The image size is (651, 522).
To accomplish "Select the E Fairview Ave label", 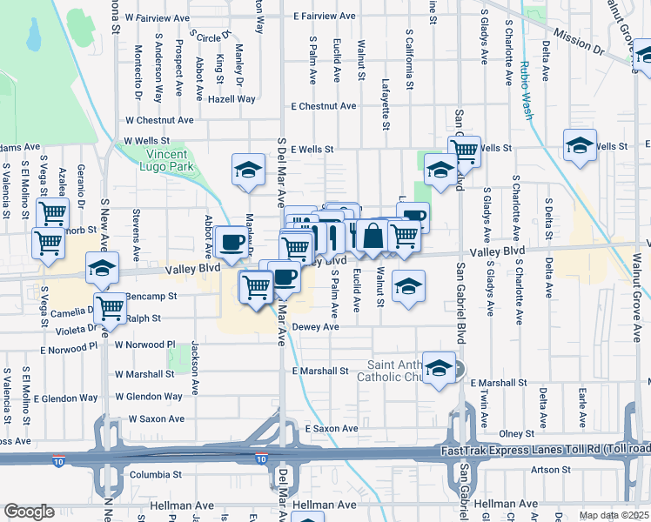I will pyautogui.click(x=324, y=17).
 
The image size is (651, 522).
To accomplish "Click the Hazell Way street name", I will pyautogui.click(x=231, y=99).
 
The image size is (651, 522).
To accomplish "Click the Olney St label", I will pyautogui.click(x=516, y=433).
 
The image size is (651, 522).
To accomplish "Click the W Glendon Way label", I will pyautogui.click(x=148, y=397).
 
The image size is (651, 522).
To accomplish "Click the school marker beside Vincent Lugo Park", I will pyautogui.click(x=248, y=169).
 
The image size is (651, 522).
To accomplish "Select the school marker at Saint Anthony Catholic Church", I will pyautogui.click(x=440, y=368).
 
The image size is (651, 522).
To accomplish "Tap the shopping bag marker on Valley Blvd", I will pyautogui.click(x=372, y=236).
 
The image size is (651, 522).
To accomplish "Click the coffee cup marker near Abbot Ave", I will pyautogui.click(x=232, y=242).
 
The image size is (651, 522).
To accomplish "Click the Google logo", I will pyautogui.click(x=30, y=512).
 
